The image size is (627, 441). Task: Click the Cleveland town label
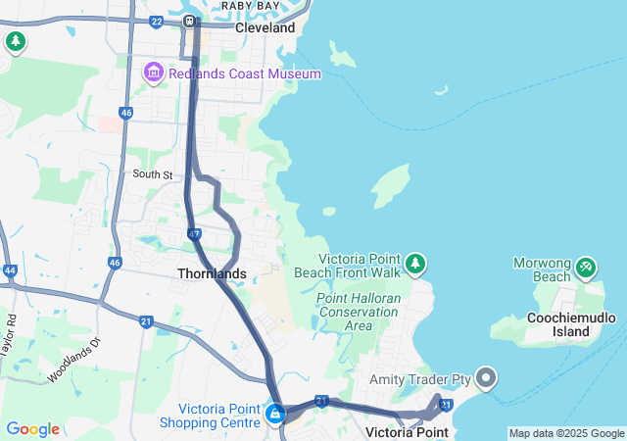(x=265, y=28)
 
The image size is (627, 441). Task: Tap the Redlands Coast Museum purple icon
(x=153, y=73)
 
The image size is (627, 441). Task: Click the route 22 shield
(x=157, y=21)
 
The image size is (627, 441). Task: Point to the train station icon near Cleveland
(x=188, y=20)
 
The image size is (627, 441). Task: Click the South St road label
(x=153, y=174)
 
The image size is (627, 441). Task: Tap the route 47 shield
(x=194, y=235)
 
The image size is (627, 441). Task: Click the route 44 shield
(x=10, y=269)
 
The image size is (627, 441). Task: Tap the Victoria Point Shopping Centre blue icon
(x=275, y=415)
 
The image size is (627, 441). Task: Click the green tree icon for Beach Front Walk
(x=416, y=264)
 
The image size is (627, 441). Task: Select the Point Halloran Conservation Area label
(x=358, y=312)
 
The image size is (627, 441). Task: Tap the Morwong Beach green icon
(x=586, y=265)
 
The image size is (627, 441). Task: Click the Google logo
(x=32, y=429)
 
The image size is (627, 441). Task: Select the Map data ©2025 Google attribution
(x=566, y=433)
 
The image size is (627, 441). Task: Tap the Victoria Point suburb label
(x=406, y=432)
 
